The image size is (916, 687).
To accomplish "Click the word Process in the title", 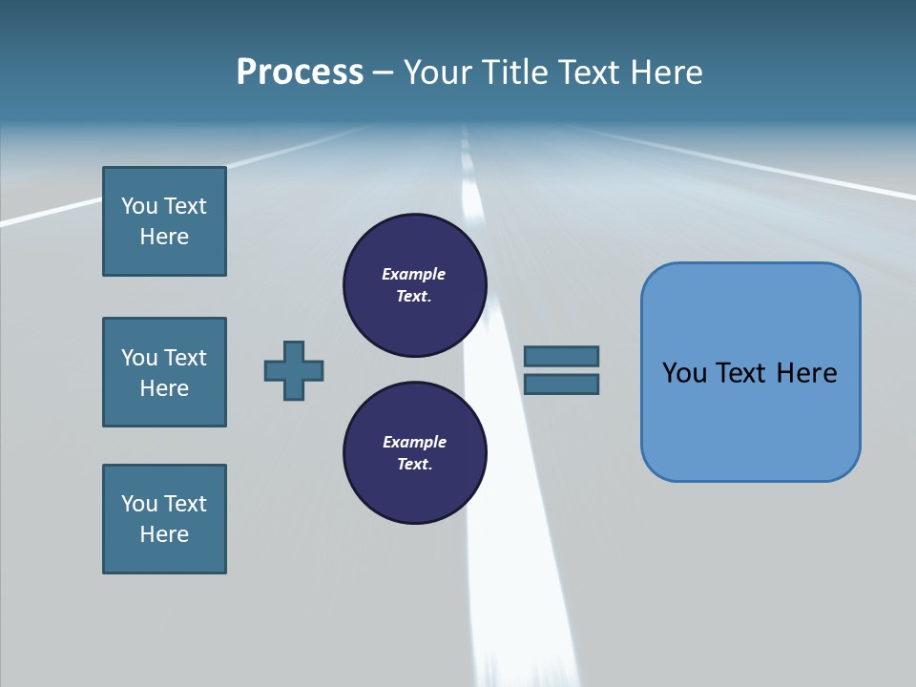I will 300,73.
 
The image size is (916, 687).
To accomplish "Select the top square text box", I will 164,221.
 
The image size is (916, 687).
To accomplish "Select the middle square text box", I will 164,372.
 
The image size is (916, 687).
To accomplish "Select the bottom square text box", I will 164,519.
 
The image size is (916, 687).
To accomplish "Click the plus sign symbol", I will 294,370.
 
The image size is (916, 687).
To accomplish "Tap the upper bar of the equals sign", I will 561,356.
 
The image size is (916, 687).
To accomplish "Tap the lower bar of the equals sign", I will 561,384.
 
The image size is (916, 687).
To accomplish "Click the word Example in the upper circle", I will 414,274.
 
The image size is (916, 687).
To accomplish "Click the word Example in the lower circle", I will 414,442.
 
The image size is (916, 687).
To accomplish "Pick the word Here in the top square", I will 164,237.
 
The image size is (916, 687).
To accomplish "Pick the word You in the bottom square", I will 139,504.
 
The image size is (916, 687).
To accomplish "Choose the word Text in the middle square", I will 184,358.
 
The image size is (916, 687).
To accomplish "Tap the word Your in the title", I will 441,73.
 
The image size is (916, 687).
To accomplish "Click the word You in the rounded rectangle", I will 684,373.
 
